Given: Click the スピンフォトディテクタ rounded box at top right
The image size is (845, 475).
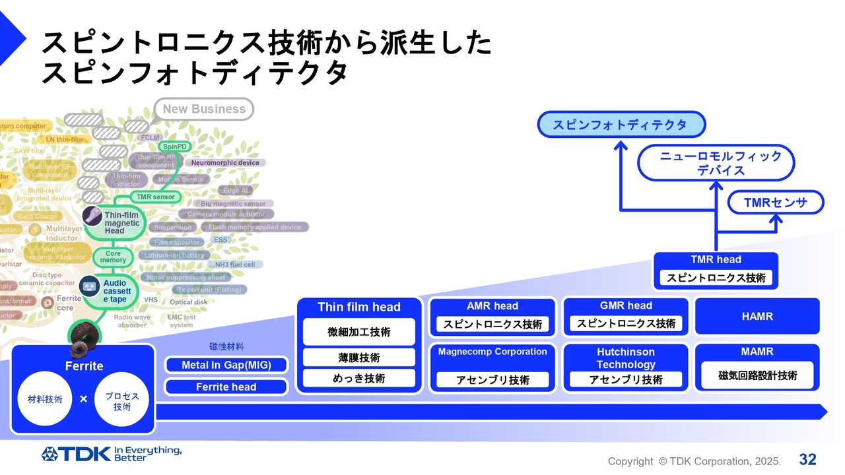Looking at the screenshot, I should coord(621,125).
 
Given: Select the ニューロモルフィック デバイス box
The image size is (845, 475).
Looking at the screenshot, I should coord(716,163).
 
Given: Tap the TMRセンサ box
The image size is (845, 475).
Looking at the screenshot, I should coord(776,203).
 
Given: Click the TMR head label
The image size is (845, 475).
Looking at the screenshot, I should coord(716,260).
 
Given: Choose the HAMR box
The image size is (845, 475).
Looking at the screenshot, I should coord(757,317).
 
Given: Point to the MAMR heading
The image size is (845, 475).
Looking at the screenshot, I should coord(757,352).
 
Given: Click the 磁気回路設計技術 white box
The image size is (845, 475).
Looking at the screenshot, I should coord(757,375).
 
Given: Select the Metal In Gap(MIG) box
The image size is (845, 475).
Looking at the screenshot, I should coord(226,365).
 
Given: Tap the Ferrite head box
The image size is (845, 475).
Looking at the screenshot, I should coord(226,387).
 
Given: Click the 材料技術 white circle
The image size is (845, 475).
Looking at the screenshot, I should coord(45,398).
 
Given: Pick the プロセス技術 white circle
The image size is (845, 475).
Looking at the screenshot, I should coord(121,398).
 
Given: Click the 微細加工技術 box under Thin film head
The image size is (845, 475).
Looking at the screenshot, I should coord(359,332).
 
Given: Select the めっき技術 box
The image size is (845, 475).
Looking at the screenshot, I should coord(359,378).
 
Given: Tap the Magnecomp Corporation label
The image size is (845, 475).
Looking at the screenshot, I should coord(492,352).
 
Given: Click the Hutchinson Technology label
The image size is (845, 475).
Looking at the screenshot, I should coord(626,358).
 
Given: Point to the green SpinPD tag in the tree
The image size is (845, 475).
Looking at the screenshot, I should coord(174,146).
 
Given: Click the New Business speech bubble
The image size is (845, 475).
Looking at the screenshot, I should coord(203,109).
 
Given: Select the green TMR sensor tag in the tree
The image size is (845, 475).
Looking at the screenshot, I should coord(155,197).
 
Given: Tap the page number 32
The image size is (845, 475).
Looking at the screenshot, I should coord(807,459).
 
